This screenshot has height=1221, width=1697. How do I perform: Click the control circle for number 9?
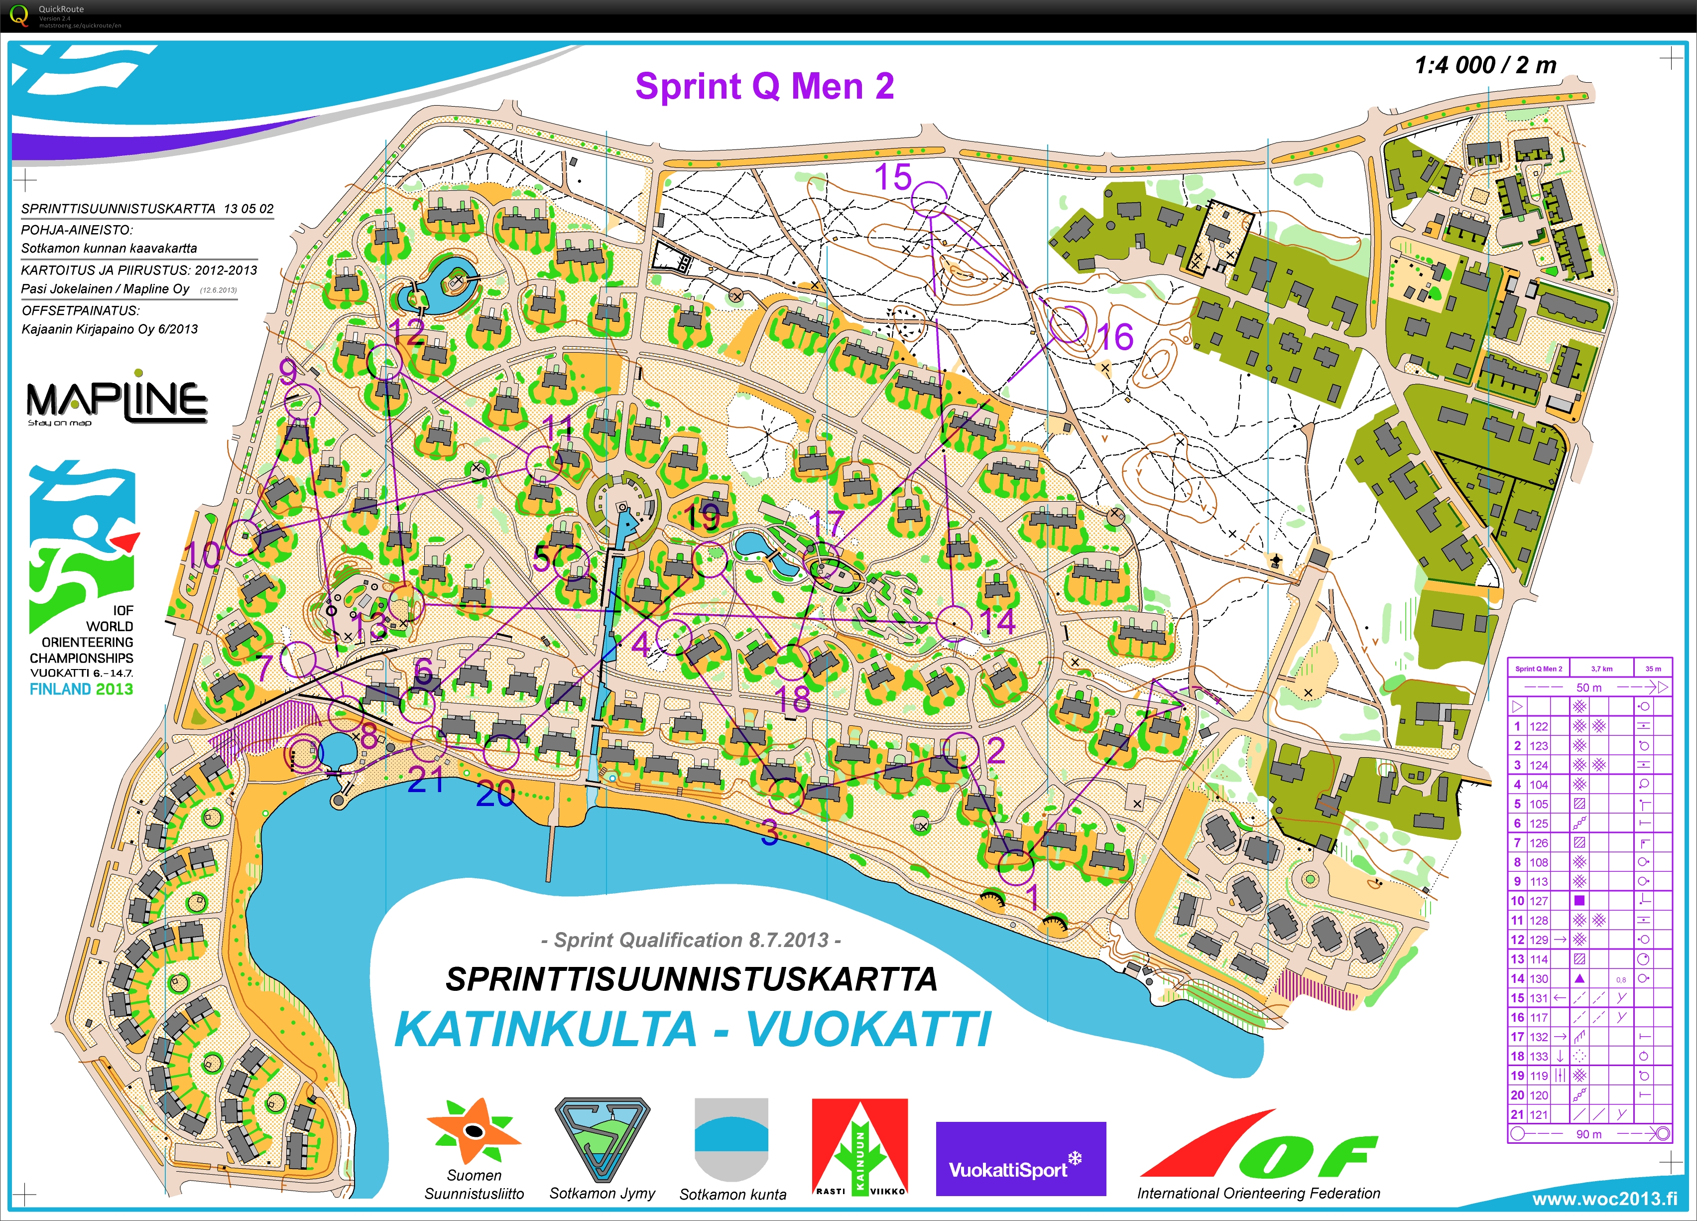tap(303, 402)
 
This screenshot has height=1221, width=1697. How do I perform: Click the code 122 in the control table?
tap(1538, 726)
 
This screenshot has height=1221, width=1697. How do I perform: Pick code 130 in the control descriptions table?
tap(1538, 978)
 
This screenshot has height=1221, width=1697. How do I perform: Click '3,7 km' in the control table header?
tap(1601, 669)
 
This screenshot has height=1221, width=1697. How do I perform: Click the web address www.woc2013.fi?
tap(1604, 1199)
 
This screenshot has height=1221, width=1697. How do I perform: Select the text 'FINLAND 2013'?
tap(81, 689)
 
